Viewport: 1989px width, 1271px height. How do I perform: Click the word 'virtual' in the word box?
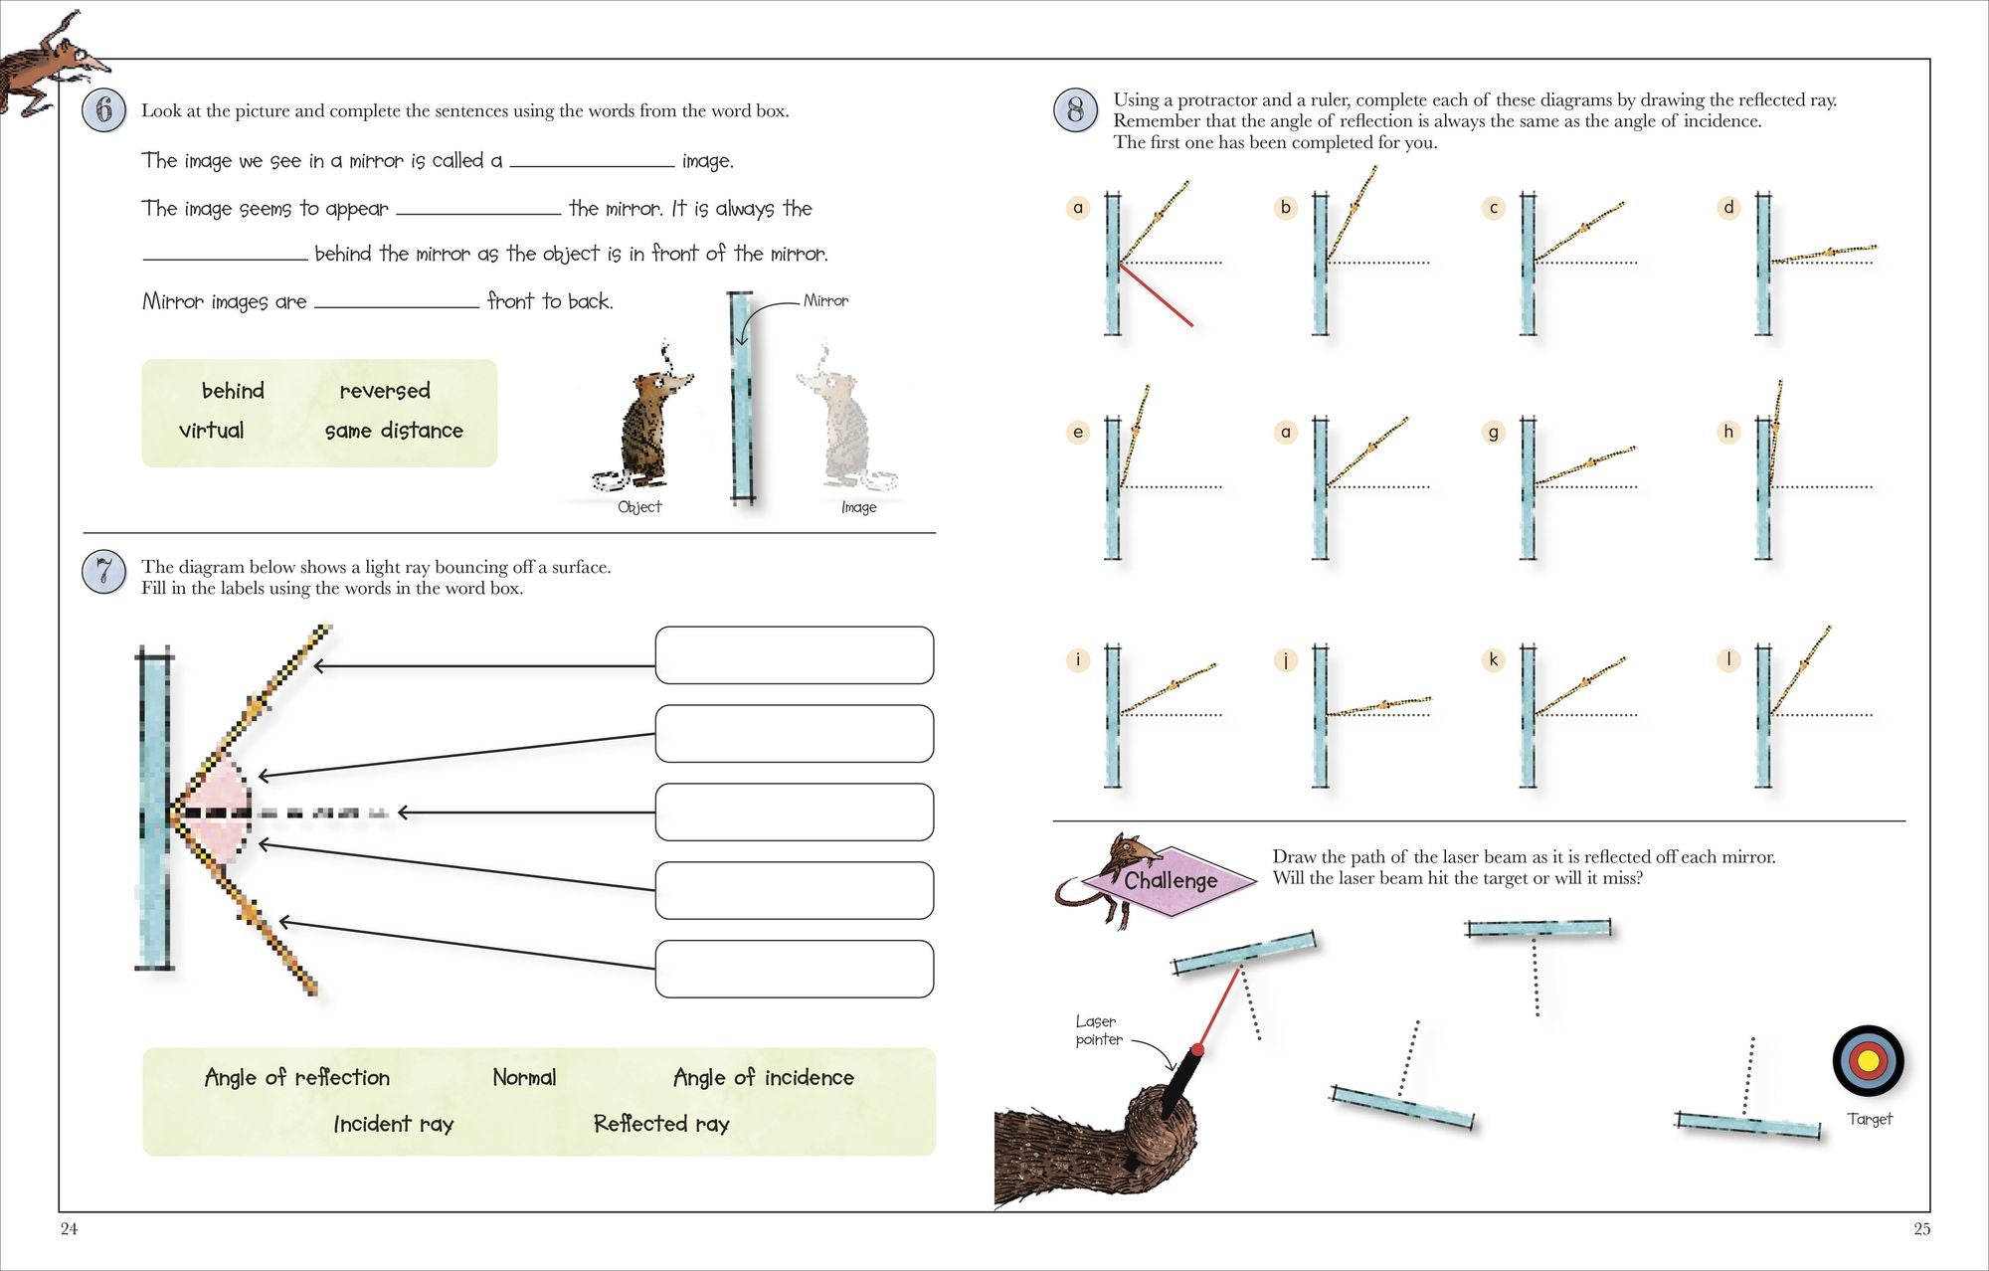(x=211, y=431)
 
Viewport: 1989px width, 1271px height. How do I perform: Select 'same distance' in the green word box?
(x=394, y=431)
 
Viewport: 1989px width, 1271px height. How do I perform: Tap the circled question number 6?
(x=104, y=109)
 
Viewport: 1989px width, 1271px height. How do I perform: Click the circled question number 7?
(x=104, y=572)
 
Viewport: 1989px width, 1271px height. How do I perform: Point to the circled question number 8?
(x=1075, y=109)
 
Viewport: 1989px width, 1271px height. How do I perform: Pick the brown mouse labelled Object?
(x=646, y=423)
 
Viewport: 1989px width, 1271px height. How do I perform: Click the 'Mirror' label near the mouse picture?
(x=825, y=300)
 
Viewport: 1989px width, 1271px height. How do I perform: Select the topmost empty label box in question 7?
(x=794, y=655)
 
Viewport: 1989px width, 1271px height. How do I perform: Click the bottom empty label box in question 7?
(x=794, y=969)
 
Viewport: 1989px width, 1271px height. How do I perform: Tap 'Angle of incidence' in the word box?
(x=763, y=1078)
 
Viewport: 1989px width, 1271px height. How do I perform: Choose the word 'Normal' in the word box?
(x=524, y=1078)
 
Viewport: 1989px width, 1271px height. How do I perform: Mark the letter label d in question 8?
(x=1728, y=208)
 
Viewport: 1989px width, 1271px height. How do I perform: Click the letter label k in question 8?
(x=1493, y=659)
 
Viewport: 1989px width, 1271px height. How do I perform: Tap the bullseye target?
(x=1868, y=1061)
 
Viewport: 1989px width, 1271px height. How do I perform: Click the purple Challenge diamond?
(x=1171, y=881)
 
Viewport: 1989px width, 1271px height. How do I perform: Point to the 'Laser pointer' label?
(x=1098, y=1030)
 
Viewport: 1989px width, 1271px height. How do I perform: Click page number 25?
(x=1921, y=1229)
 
